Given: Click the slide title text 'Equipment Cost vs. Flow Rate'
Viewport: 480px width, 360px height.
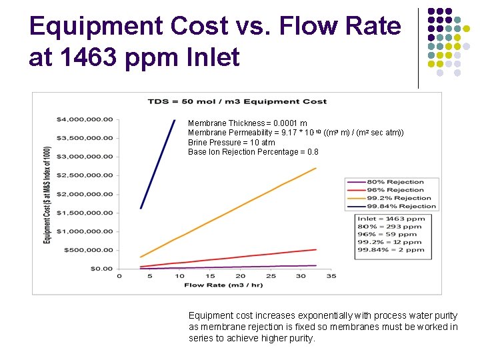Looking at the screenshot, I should [x=215, y=27].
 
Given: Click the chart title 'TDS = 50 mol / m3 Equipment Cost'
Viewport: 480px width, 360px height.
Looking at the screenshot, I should [x=237, y=101].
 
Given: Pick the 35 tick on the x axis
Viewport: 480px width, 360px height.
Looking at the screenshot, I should [x=331, y=276].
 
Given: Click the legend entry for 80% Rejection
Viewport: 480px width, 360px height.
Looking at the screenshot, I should [x=395, y=182].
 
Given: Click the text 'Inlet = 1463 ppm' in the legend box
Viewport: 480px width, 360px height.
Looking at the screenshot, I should [x=391, y=219].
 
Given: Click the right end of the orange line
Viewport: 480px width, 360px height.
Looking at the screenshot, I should [x=315, y=168].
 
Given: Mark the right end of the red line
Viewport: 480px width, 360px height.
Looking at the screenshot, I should [x=315, y=249].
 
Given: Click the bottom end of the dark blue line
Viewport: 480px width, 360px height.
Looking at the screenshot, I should [x=141, y=208].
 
